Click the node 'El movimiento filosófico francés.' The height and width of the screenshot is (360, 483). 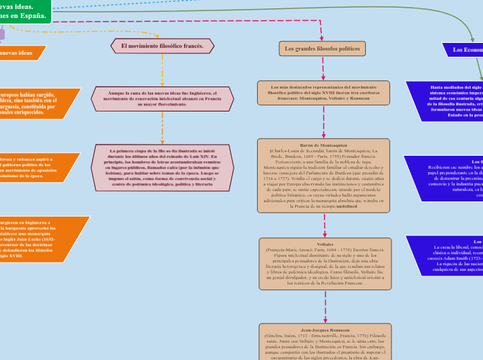(162, 46)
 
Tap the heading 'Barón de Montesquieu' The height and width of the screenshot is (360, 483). (323, 145)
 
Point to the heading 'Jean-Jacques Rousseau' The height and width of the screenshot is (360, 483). (324, 330)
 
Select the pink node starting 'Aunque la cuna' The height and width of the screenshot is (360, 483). (162, 98)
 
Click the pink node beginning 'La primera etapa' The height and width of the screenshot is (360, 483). (162, 167)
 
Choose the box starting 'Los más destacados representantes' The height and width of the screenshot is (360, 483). (324, 93)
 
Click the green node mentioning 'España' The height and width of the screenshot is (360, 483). (24, 10)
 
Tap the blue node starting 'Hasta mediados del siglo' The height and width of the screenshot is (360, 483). (447, 101)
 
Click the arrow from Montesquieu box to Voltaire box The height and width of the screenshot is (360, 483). (324, 225)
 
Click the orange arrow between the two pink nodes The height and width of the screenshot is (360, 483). (162, 127)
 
